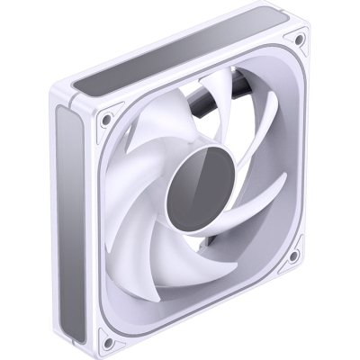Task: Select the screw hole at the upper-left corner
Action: coord(107,118)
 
